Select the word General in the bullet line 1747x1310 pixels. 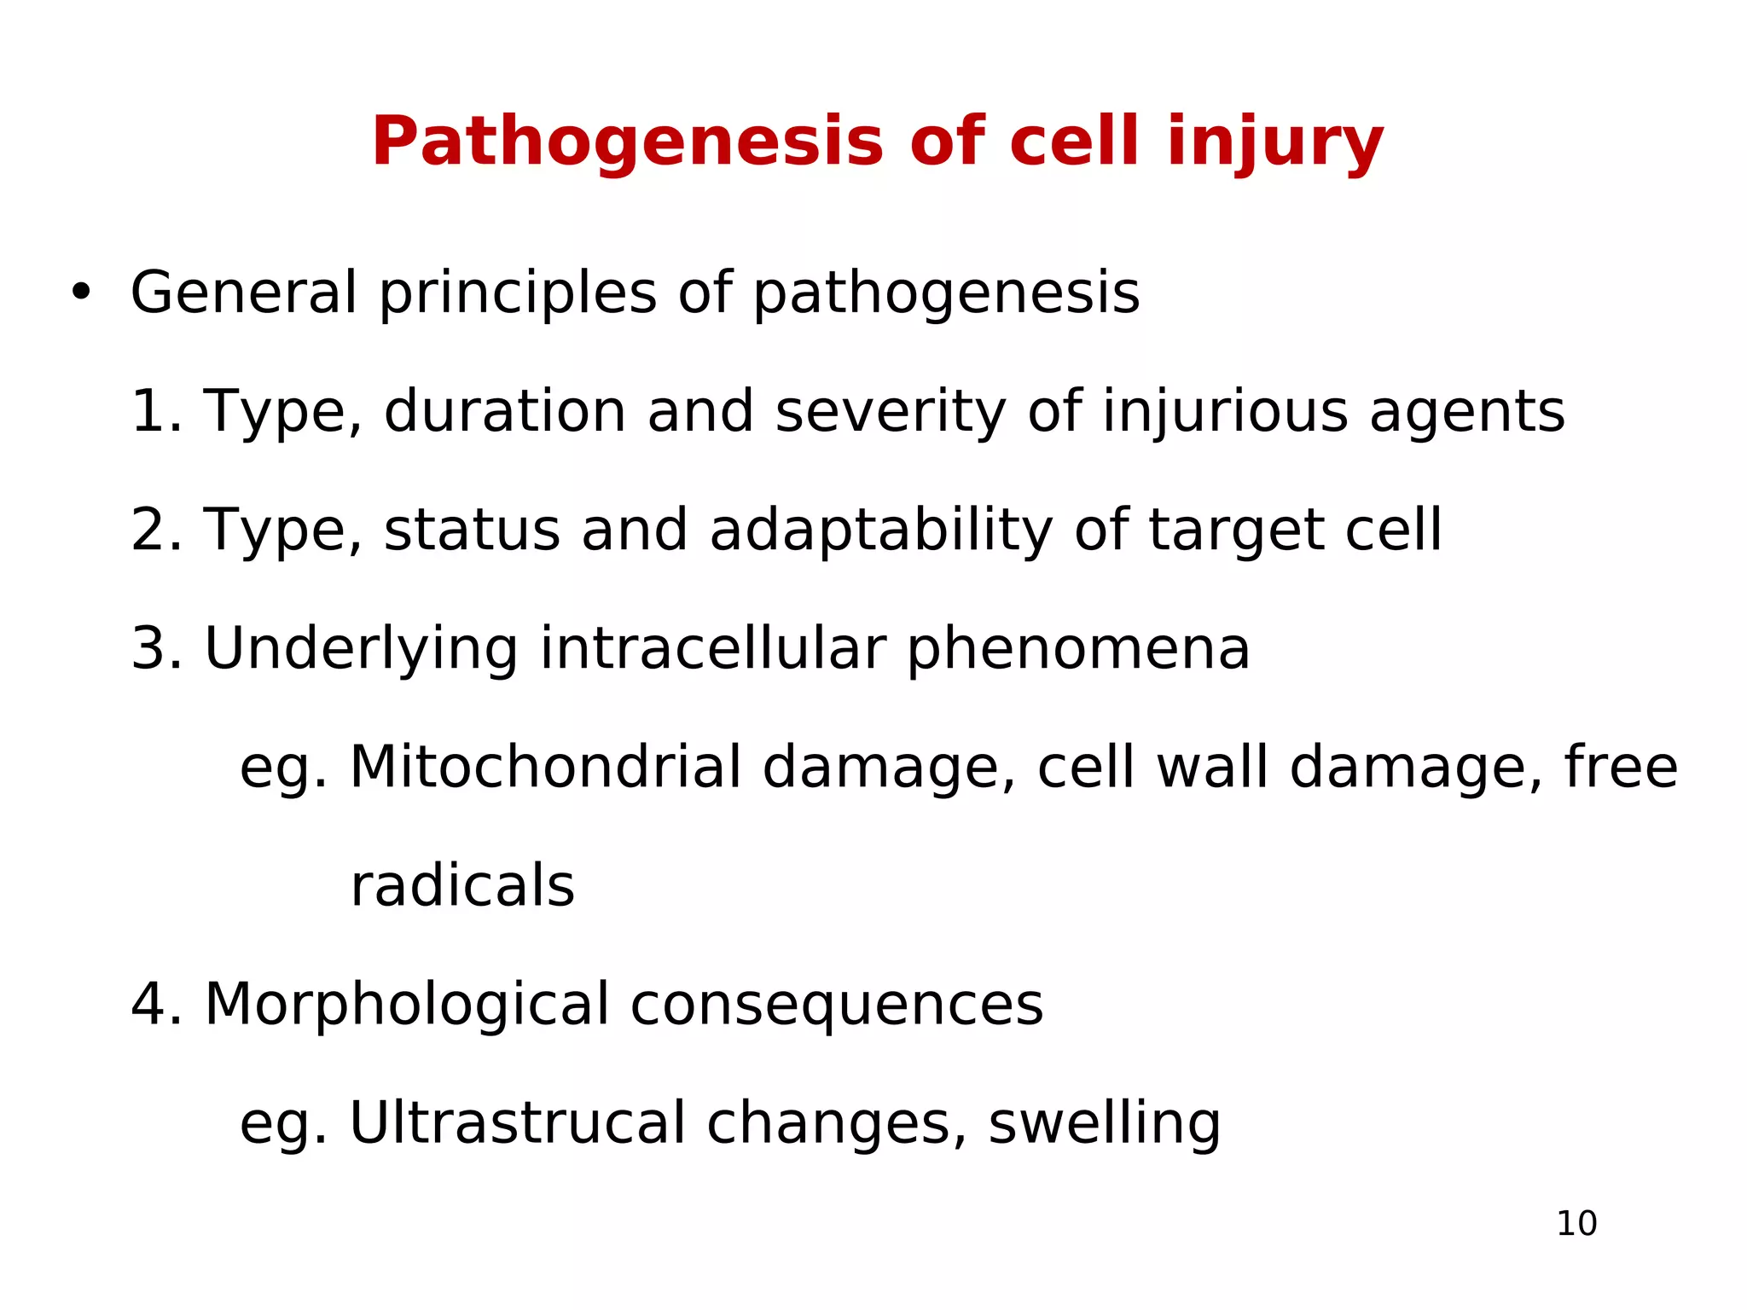(x=243, y=293)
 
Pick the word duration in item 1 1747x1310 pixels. (x=505, y=411)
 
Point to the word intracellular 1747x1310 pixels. (x=712, y=648)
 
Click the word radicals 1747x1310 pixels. (x=462, y=885)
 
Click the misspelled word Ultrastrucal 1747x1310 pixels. (x=517, y=1122)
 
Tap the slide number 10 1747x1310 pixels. (x=1576, y=1224)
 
